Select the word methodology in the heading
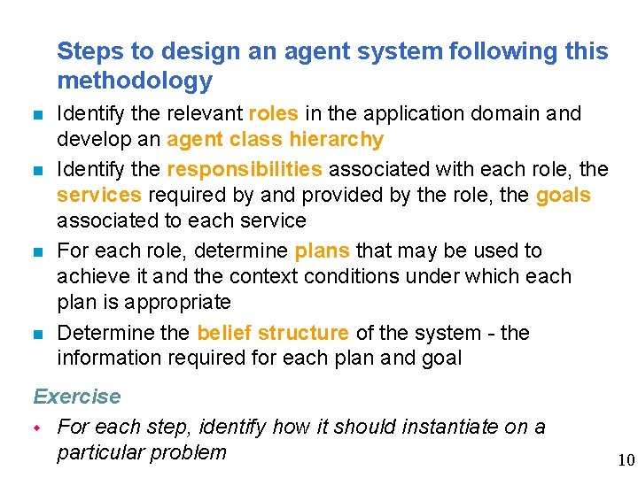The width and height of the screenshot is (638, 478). coord(135,81)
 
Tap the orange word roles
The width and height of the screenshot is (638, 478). coord(274,114)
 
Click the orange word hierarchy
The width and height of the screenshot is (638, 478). coord(335,140)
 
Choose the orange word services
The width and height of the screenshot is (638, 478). coord(99,195)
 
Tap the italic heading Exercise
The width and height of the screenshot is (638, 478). coord(77,397)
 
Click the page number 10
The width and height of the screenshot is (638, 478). coord(626,459)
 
